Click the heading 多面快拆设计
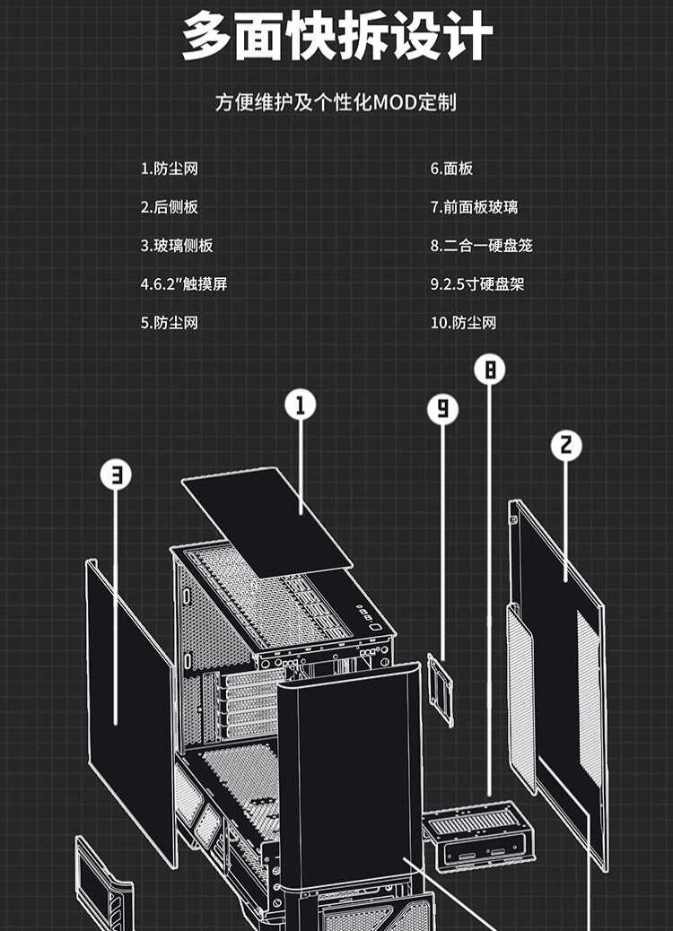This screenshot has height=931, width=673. click(x=336, y=39)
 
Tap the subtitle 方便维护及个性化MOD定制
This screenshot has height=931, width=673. click(x=336, y=102)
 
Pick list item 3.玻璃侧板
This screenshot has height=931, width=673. click(x=177, y=246)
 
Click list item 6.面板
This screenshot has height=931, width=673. click(x=451, y=169)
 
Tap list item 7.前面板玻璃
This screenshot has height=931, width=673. click(x=474, y=207)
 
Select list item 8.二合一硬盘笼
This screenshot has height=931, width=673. click(x=481, y=246)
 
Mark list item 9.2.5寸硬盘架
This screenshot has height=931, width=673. click(x=477, y=284)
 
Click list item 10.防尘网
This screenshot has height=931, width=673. click(x=463, y=323)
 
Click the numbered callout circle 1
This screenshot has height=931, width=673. click(x=301, y=405)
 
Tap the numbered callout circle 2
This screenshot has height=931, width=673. click(x=565, y=445)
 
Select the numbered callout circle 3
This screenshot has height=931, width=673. click(x=116, y=474)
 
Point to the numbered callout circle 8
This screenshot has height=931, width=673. click(x=489, y=370)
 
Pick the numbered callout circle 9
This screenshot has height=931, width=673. click(x=442, y=409)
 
